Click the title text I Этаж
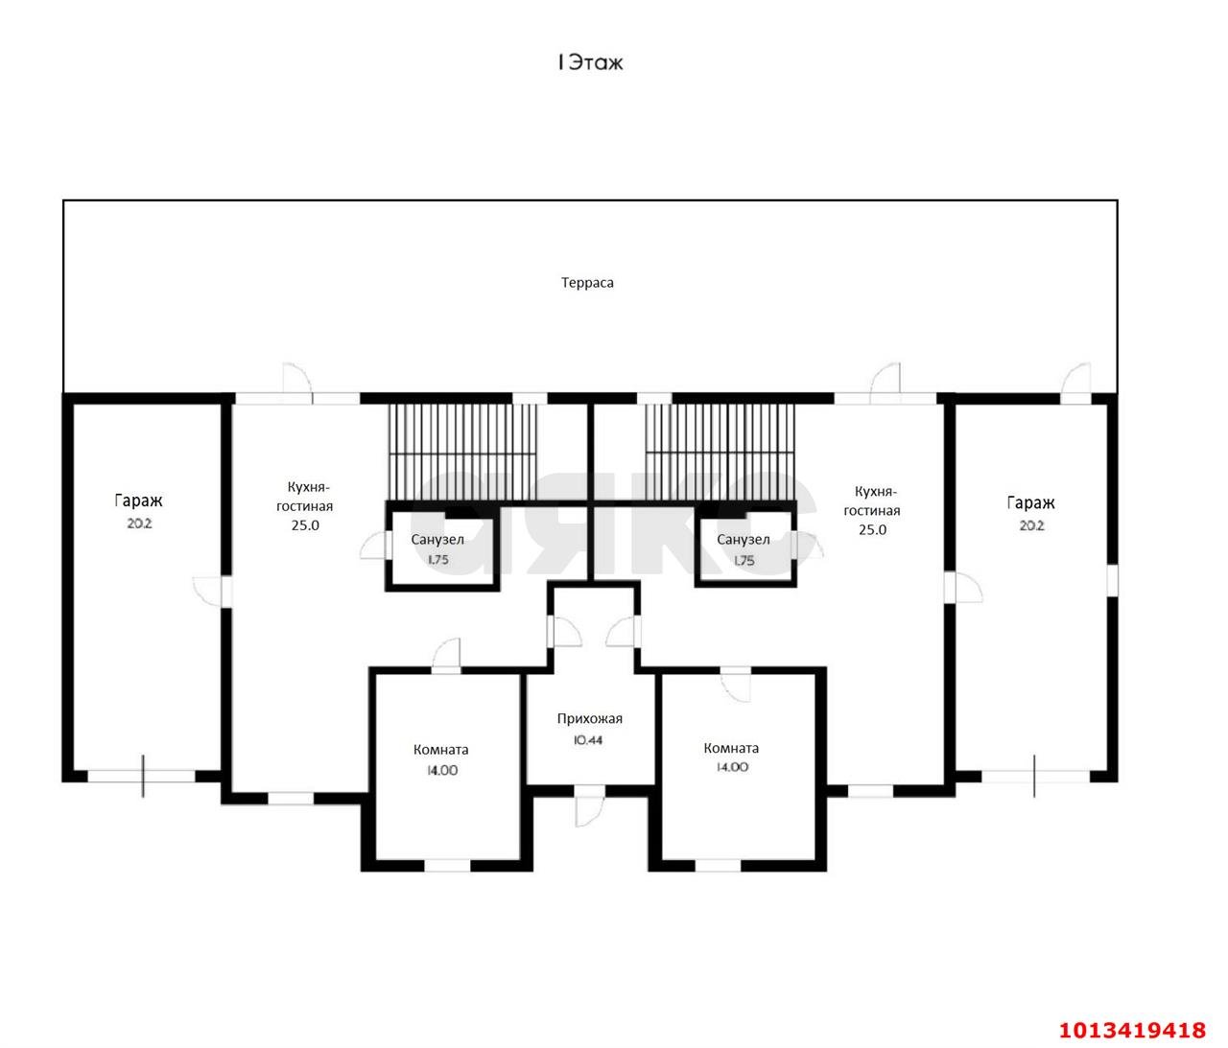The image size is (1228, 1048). coord(589,63)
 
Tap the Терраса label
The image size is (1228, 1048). coord(587,283)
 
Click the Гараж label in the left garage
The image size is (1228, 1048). coord(138,501)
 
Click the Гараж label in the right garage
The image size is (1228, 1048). coord(1030,503)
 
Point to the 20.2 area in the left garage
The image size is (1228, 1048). coord(140,524)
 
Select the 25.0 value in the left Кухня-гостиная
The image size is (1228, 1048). coord(305,525)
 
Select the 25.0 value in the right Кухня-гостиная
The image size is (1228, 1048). coord(872,529)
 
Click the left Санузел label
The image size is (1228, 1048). coord(437,540)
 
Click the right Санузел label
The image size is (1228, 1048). coord(744,540)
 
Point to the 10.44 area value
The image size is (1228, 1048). coord(588,740)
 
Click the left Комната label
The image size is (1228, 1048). coord(440,750)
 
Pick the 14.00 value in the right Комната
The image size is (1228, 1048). coord(732,767)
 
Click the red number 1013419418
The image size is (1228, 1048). coord(1132,1030)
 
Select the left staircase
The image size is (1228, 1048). coord(462,452)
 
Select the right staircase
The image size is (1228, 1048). coord(720,452)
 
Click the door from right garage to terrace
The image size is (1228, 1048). coord(1075,384)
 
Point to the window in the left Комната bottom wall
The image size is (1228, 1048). coord(447,866)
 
